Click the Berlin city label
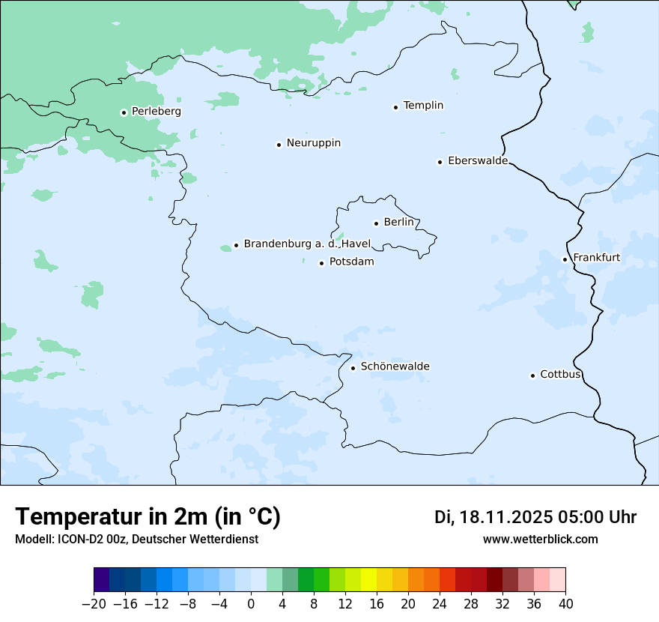[398, 223]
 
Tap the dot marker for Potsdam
[321, 263]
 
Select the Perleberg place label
[156, 112]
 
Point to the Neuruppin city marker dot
[279, 145]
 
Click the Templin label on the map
[423, 106]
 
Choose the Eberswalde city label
[477, 161]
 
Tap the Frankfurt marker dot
[565, 259]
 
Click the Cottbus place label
[560, 375]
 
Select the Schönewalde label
[395, 366]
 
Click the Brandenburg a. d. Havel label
[307, 244]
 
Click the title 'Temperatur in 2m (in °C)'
[148, 517]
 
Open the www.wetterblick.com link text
[540, 540]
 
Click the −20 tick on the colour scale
[94, 604]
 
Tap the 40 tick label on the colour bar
[565, 604]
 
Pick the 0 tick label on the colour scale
[251, 604]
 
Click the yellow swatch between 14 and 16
[368, 580]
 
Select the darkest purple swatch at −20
[102, 580]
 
